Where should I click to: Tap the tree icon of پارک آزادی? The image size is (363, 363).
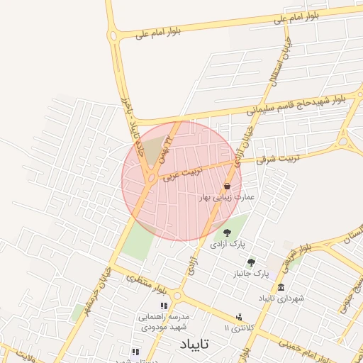[x=227, y=232]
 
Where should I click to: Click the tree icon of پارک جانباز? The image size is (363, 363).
[x=251, y=262]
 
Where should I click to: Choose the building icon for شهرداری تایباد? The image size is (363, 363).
[x=281, y=287]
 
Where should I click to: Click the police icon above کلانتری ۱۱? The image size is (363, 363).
[x=239, y=317]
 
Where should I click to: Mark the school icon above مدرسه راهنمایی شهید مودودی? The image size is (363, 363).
[x=164, y=306]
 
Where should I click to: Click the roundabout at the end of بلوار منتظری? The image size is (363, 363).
[x=177, y=295]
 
